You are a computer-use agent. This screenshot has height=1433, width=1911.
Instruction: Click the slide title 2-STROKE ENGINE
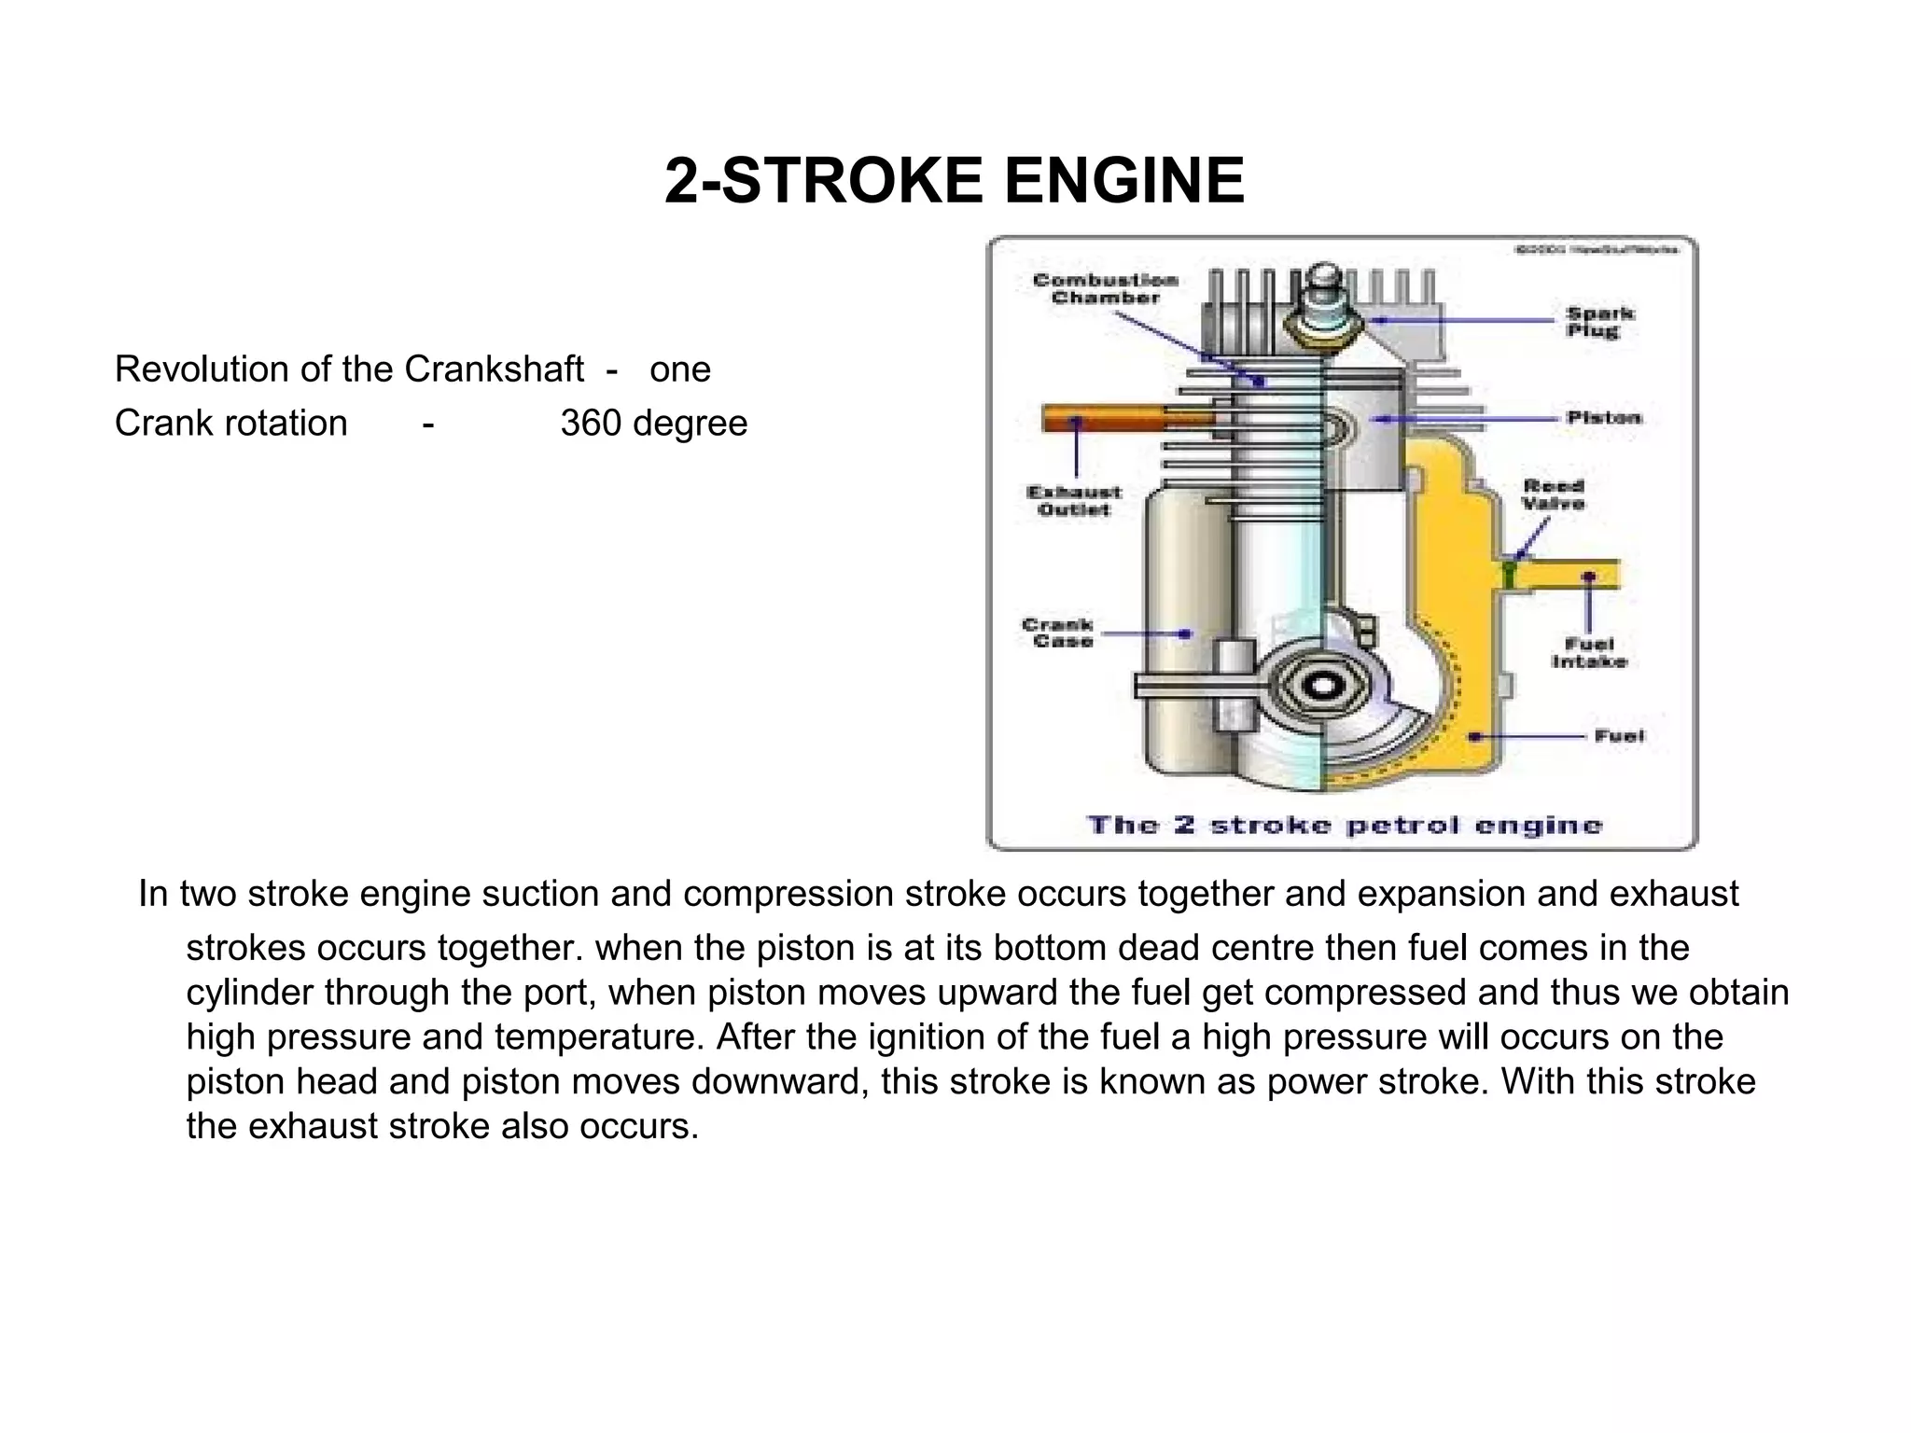[x=954, y=180]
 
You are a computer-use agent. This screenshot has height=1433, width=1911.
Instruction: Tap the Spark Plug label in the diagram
[x=1599, y=322]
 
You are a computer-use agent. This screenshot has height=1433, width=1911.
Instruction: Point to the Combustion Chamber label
[x=1105, y=289]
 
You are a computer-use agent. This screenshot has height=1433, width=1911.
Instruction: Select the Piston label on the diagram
[x=1604, y=417]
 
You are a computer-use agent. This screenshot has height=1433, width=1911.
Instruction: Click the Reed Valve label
[x=1554, y=494]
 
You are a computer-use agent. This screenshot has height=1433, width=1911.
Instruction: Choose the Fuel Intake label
[x=1589, y=652]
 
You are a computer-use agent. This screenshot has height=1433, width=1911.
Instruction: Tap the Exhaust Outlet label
[x=1074, y=501]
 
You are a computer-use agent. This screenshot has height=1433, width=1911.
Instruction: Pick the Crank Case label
[x=1058, y=633]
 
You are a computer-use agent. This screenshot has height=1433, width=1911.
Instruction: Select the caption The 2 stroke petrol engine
[x=1344, y=825]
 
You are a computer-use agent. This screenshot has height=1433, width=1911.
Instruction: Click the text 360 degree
[x=653, y=424]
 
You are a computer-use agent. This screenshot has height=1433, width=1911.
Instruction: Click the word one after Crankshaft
[x=679, y=369]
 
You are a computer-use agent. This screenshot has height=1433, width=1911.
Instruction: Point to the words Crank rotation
[x=230, y=424]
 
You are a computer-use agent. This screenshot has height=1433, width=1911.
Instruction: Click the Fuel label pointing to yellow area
[x=1618, y=735]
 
